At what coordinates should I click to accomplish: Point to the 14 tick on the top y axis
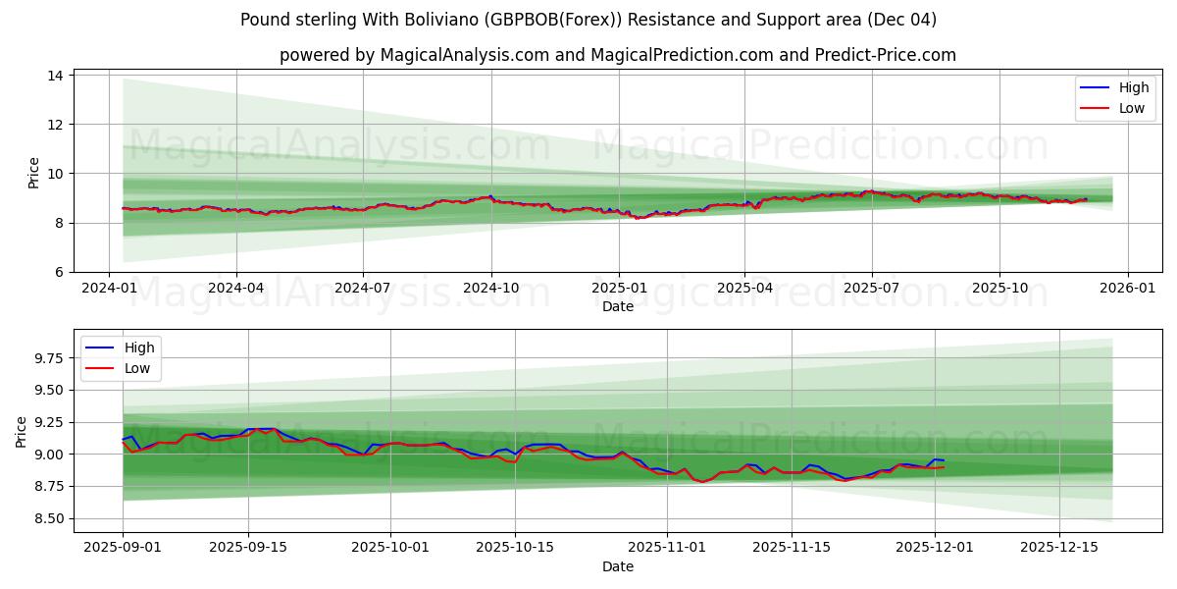(55, 76)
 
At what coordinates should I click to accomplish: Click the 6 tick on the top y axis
(59, 272)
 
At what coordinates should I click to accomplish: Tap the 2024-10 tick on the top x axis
(490, 288)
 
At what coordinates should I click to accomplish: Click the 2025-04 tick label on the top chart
(744, 288)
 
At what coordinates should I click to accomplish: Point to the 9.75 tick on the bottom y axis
(46, 358)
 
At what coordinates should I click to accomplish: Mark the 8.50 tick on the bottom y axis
(46, 518)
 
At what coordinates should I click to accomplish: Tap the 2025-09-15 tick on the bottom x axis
(248, 548)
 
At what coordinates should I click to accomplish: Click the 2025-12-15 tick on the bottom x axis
(1059, 548)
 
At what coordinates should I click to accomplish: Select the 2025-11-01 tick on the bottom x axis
(667, 548)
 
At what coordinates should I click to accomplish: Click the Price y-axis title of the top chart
(34, 173)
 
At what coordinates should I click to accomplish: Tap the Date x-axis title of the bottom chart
(618, 566)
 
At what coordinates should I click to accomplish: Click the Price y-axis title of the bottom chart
(22, 431)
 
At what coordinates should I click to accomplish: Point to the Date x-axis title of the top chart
(618, 306)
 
